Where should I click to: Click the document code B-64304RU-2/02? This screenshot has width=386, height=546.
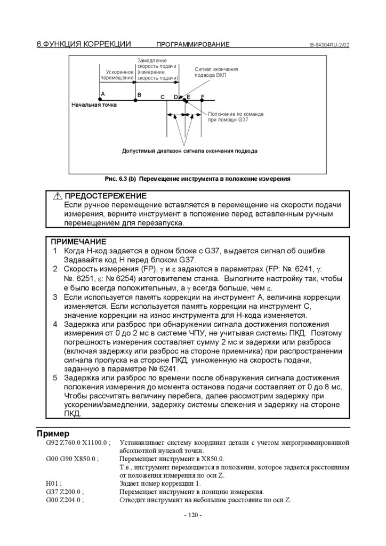[329, 45]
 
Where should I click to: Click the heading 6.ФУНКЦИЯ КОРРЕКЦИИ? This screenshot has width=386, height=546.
[84, 44]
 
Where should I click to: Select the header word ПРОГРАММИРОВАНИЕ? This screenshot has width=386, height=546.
[192, 45]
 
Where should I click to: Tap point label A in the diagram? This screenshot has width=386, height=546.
[102, 94]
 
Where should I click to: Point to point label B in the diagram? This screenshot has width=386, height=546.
[139, 94]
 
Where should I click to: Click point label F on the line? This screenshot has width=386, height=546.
[203, 97]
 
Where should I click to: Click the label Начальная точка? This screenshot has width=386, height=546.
[94, 105]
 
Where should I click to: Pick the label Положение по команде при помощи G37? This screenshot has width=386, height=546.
[235, 117]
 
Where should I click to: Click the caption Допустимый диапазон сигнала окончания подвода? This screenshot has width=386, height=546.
[189, 151]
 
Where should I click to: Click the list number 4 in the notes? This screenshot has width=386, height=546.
[55, 324]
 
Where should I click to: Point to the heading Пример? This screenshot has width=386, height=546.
[53, 433]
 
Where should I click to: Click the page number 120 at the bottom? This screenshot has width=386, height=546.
[192, 515]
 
